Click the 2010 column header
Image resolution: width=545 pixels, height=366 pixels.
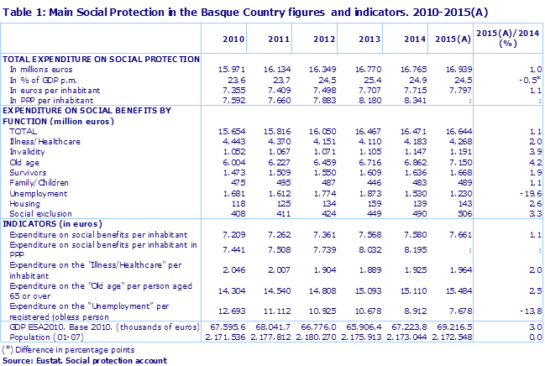coord(233,39)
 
